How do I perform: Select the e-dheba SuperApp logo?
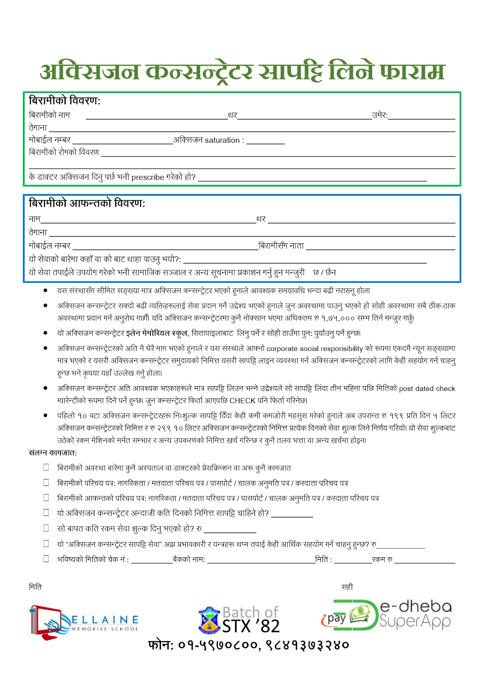coord(386,616)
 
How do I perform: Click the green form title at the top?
coord(242,72)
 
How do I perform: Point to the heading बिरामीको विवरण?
coord(64,101)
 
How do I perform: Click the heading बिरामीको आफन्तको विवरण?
coord(87,203)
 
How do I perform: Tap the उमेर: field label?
coord(380,115)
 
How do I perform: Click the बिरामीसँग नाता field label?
coord(281,246)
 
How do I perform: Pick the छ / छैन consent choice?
coord(324,273)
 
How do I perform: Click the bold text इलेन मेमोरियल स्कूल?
coord(157,333)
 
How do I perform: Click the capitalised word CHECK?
coord(242,401)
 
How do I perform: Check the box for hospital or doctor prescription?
coord(46,467)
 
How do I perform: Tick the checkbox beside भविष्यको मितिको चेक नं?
coord(46,558)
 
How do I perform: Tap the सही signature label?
coord(347,587)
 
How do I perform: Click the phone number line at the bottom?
coord(248,645)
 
